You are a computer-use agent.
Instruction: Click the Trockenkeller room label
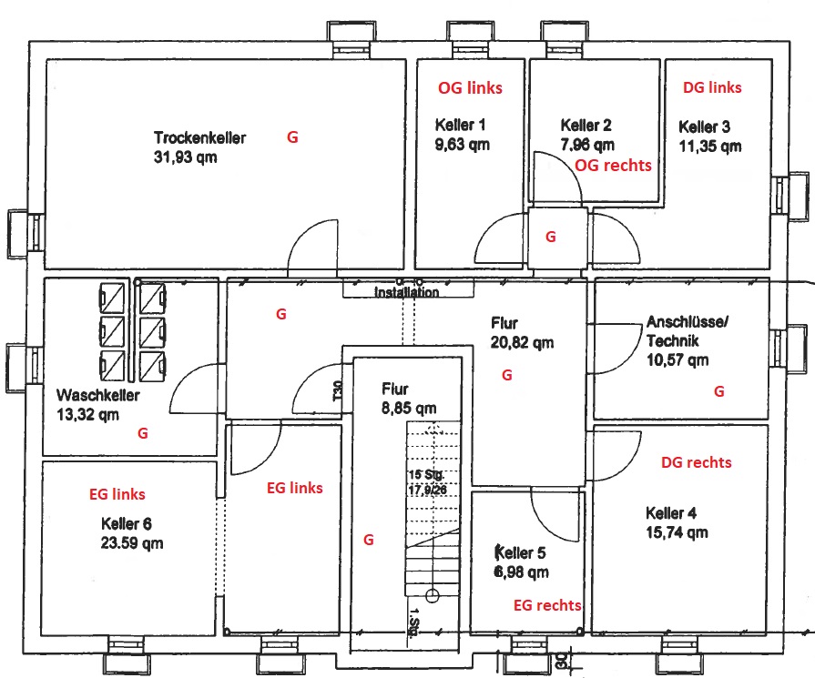pyautogui.click(x=200, y=137)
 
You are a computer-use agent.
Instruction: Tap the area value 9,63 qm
pyautogui.click(x=462, y=145)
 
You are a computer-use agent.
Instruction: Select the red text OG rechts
pyautogui.click(x=613, y=166)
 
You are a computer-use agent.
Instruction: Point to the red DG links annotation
pyautogui.click(x=712, y=87)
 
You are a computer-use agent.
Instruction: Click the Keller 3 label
pyautogui.click(x=704, y=126)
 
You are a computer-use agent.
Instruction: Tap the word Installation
pyautogui.click(x=406, y=292)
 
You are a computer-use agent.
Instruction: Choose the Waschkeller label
pyautogui.click(x=98, y=395)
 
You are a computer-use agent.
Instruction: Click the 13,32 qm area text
pyautogui.click(x=87, y=415)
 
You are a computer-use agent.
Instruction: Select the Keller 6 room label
pyautogui.click(x=127, y=523)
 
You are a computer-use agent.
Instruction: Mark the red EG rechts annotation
pyautogui.click(x=547, y=605)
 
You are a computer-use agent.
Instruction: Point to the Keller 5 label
pyautogui.click(x=520, y=552)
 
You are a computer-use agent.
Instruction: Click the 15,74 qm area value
pyautogui.click(x=677, y=532)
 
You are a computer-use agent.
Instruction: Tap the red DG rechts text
pyautogui.click(x=696, y=462)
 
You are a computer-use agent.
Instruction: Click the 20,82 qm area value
pyautogui.click(x=522, y=343)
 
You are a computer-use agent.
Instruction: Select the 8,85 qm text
pyautogui.click(x=409, y=409)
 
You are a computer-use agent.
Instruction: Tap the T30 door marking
pyautogui.click(x=338, y=390)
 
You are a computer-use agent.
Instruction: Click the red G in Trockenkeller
pyautogui.click(x=292, y=137)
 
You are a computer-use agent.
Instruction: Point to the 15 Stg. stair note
pyautogui.click(x=426, y=475)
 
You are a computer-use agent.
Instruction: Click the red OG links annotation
pyautogui.click(x=470, y=87)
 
